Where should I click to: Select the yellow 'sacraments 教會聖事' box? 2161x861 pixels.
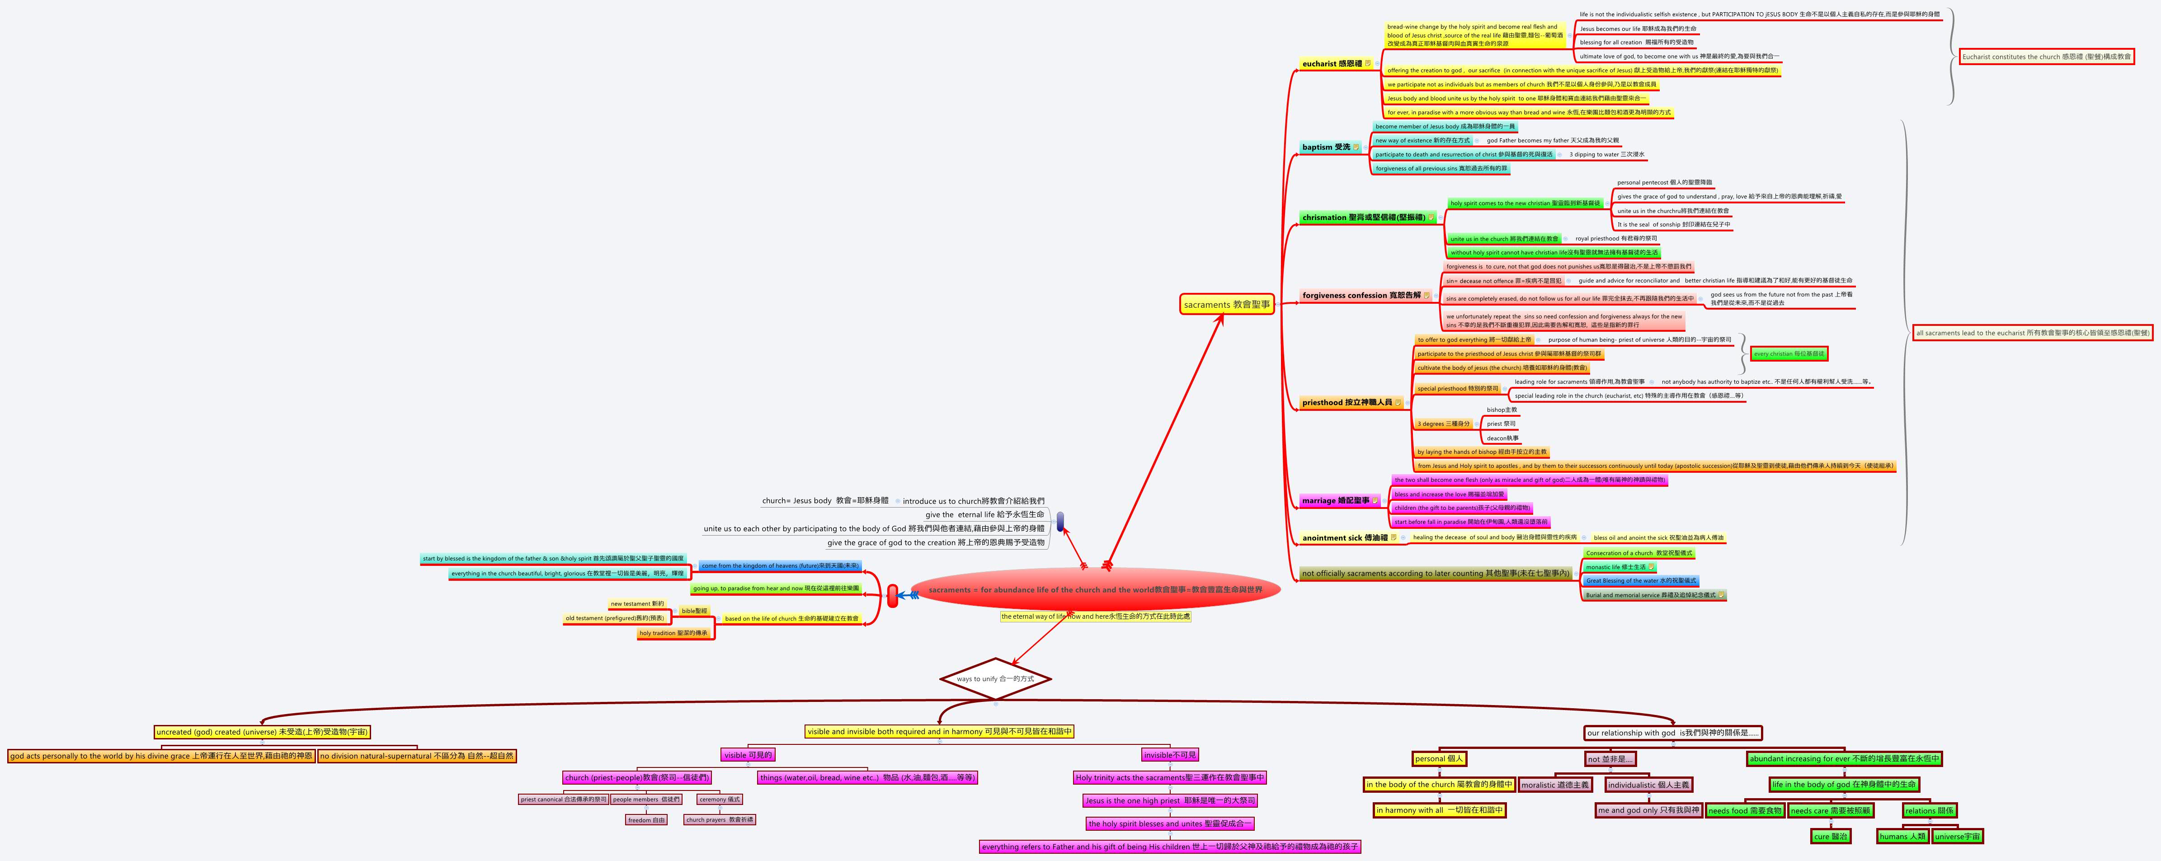(x=1226, y=305)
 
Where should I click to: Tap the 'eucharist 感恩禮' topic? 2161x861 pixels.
(x=1332, y=64)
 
